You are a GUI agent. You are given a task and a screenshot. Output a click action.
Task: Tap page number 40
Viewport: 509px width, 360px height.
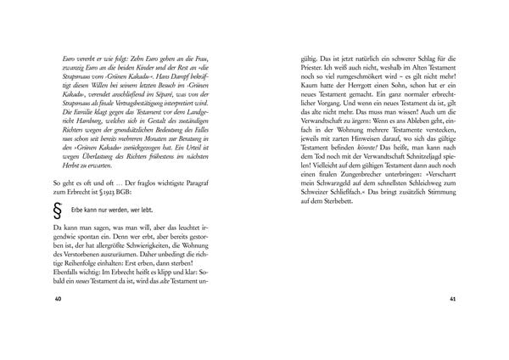pos(58,300)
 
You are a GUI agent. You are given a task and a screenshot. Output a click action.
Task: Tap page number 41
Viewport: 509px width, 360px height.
pos(452,300)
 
